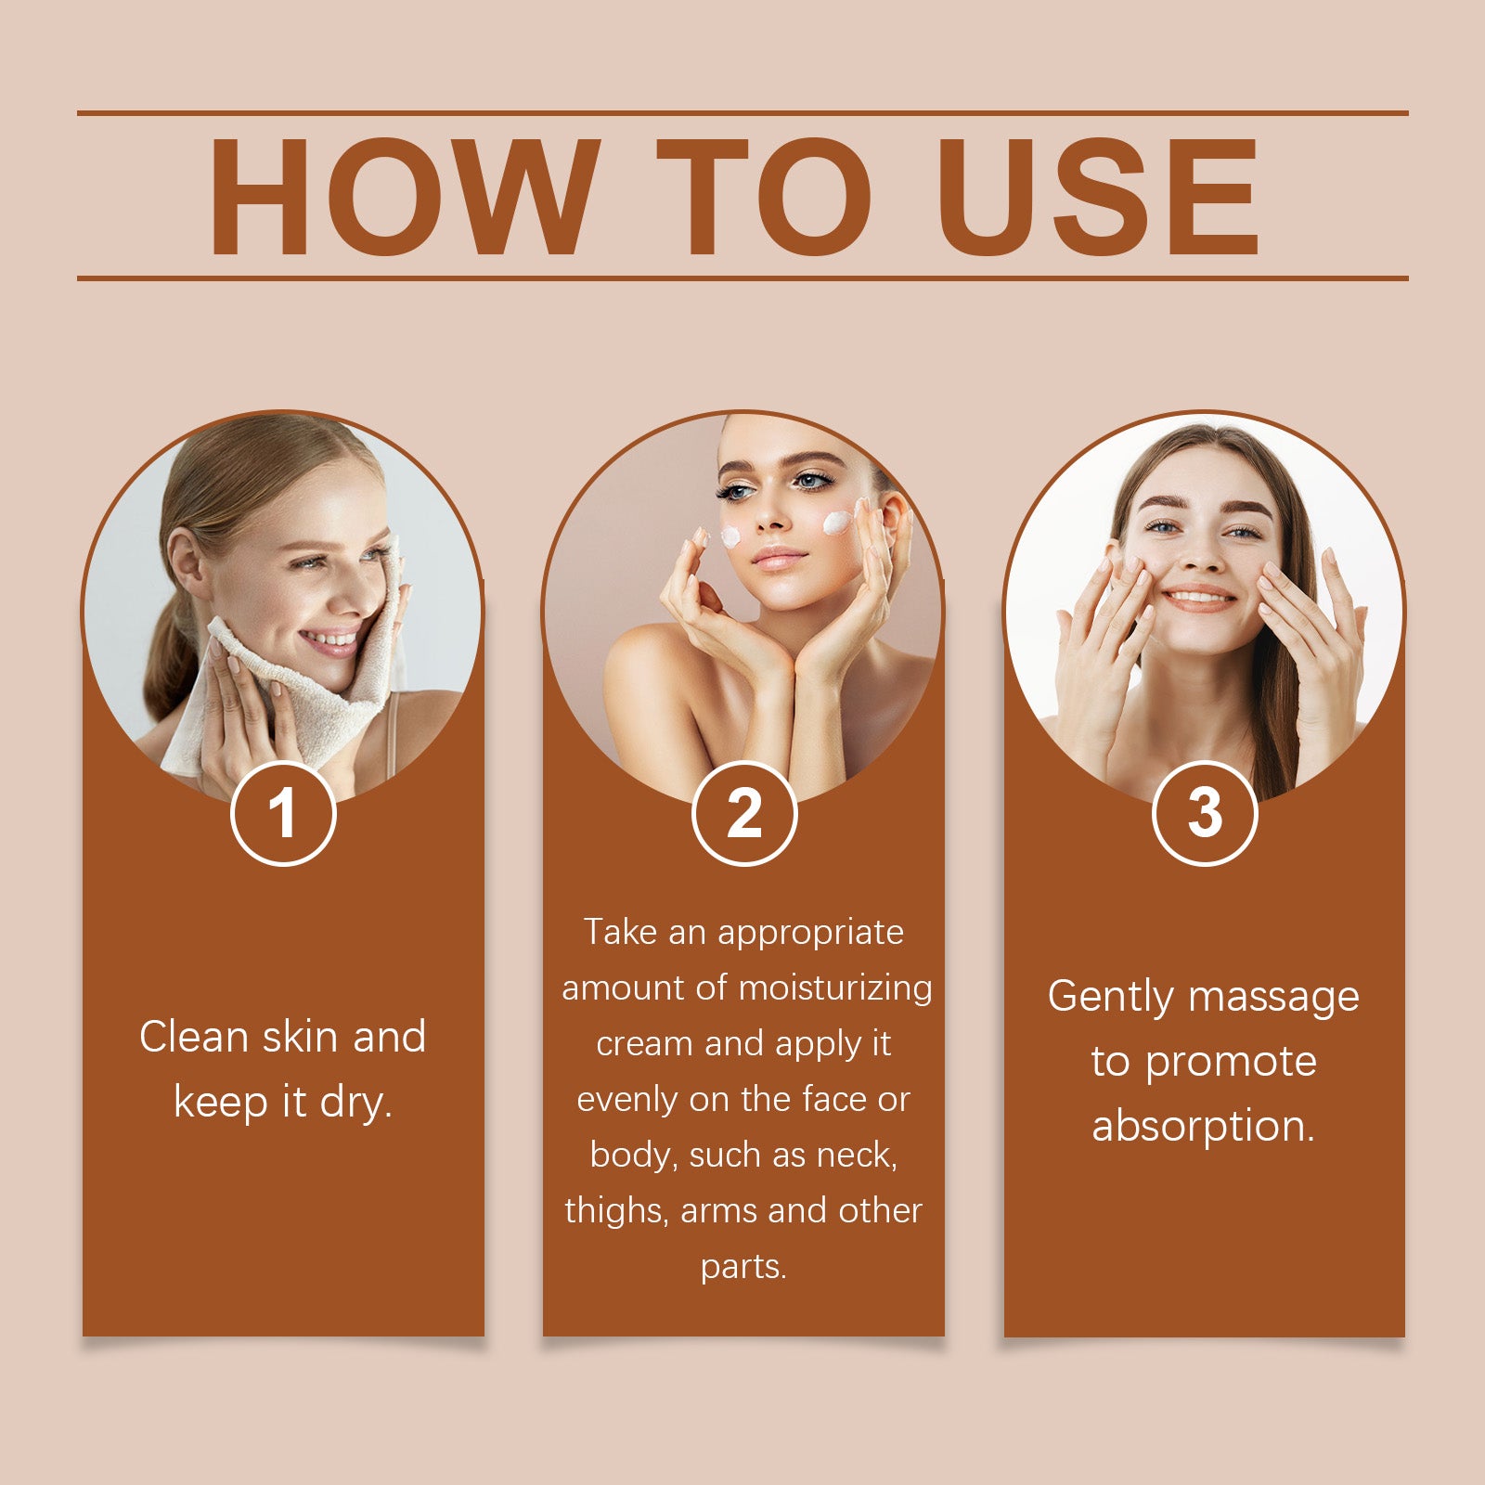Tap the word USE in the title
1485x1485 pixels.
(x=1097, y=197)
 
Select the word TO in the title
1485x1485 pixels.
(x=763, y=197)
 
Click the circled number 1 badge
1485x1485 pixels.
(x=283, y=813)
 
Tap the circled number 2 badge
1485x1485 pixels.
(x=743, y=813)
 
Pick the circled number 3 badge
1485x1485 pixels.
(x=1204, y=813)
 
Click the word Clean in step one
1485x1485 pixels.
(x=194, y=1037)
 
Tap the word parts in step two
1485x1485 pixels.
(x=742, y=1267)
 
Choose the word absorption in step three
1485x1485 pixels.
(x=1203, y=1127)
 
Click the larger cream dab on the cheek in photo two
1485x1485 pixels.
(x=837, y=523)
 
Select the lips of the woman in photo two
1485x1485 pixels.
(x=778, y=558)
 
